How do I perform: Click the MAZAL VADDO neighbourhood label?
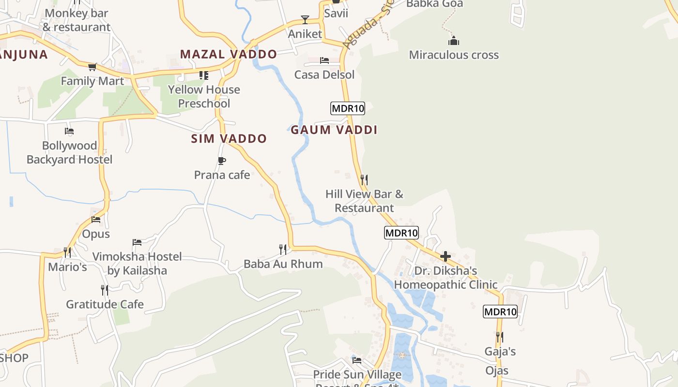[229, 54]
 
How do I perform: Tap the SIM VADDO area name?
[229, 139]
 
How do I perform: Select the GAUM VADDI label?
[334, 130]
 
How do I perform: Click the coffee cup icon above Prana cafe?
[222, 161]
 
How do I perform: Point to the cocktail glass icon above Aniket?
[305, 20]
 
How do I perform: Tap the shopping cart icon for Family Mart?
[92, 67]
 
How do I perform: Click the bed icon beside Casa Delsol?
[324, 60]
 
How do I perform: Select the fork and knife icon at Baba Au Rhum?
[283, 250]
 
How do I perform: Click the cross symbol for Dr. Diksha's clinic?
[446, 256]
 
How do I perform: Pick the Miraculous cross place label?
[454, 55]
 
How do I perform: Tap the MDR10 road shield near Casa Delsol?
[348, 108]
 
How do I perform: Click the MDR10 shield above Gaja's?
[500, 312]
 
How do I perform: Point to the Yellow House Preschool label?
[204, 96]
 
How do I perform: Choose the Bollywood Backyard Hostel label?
[69, 152]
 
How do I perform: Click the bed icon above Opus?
[96, 220]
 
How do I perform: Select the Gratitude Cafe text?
[105, 304]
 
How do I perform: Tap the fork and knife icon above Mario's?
[67, 252]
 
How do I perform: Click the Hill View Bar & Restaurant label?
[364, 201]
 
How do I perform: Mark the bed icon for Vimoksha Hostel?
[137, 242]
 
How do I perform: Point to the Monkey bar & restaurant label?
[77, 20]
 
